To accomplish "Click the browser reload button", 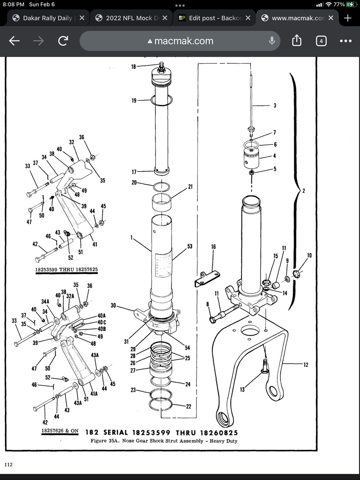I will [x=63, y=41].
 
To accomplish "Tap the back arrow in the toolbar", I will [x=14, y=41].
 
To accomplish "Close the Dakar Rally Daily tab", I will [x=82, y=18].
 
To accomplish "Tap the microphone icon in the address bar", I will [x=272, y=41].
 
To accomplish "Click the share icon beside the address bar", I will [x=296, y=41].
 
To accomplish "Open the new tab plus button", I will [x=348, y=18].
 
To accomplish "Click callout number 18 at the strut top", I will [x=133, y=67].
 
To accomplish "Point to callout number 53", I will [x=190, y=246].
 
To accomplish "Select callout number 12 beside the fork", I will [x=306, y=365].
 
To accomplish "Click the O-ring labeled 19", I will [x=162, y=100].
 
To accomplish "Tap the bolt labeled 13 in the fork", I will [x=264, y=366].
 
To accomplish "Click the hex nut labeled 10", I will [x=296, y=274].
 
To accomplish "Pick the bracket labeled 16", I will [x=207, y=278].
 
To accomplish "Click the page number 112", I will [x=8, y=465].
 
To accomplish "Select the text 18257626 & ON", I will [x=60, y=431].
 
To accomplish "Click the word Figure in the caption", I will [x=98, y=441].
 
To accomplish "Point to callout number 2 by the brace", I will [x=304, y=191].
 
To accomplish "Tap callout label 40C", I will [x=102, y=322].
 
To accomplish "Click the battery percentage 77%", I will [x=339, y=4].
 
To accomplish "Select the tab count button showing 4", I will [x=321, y=41].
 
